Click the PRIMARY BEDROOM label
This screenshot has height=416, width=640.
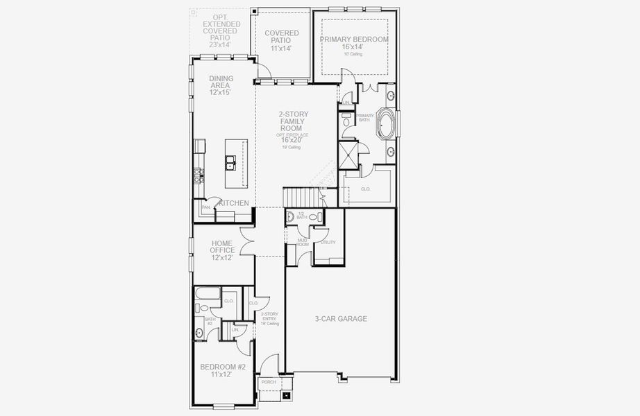click(x=354, y=40)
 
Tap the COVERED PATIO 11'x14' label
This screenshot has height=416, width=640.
click(x=281, y=40)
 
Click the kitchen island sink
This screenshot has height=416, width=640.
click(x=230, y=163)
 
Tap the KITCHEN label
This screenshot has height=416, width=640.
click(x=234, y=203)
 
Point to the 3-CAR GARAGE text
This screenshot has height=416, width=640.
click(x=340, y=319)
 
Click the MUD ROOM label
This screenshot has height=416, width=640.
click(x=303, y=243)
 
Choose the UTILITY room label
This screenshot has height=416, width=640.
click(x=328, y=242)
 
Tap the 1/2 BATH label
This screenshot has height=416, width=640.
click(x=301, y=216)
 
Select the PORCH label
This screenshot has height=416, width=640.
click(x=268, y=382)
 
